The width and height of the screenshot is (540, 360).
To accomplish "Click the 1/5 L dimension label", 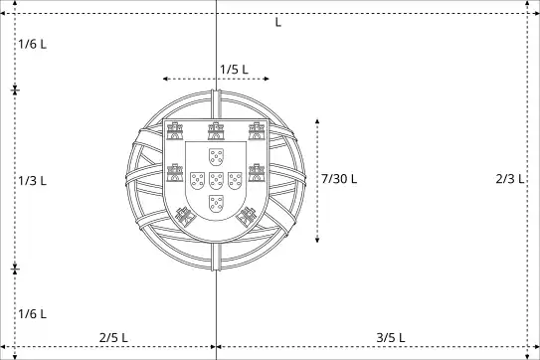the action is (234, 70).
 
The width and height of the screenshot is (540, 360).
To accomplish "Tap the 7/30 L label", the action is (339, 179).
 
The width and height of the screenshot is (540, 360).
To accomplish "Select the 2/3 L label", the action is (510, 178).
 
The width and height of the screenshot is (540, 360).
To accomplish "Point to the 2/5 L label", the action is (113, 337).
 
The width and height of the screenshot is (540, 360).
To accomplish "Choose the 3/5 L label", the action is (391, 337).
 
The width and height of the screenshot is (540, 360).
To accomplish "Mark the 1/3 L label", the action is (33, 181).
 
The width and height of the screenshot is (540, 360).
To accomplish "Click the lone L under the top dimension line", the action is (278, 23).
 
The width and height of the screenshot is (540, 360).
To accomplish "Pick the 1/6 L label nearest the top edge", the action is (33, 44).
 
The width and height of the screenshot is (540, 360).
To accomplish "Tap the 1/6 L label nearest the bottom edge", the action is (33, 314).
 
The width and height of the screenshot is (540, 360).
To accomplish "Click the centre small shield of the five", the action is (216, 181).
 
